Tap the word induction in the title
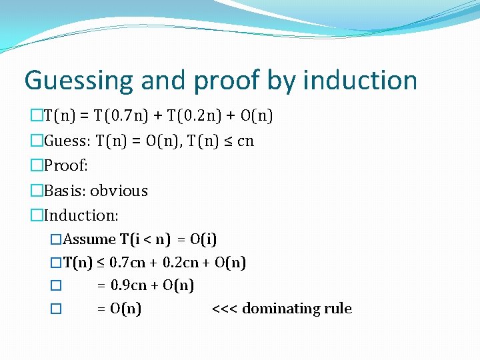360,81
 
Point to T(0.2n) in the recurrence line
200,116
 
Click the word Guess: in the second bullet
67,141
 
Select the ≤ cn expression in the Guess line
237,141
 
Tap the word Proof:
66,165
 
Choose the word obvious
119,191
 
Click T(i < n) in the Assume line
145,239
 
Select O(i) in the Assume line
204,239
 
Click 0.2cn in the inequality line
181,263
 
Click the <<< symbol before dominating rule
225,309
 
